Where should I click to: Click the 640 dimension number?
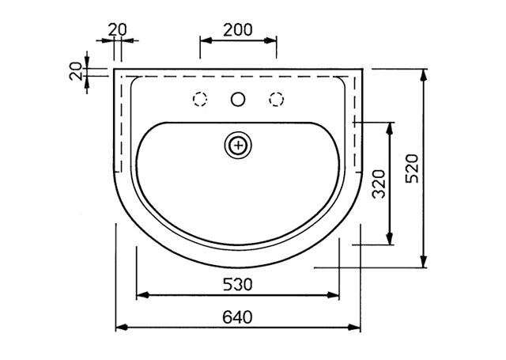pyautogui.click(x=237, y=317)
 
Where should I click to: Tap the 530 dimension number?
pyautogui.click(x=238, y=285)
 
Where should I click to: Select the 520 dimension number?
pyautogui.click(x=412, y=169)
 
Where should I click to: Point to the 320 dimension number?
pyautogui.click(x=379, y=184)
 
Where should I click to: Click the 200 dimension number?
pyautogui.click(x=238, y=30)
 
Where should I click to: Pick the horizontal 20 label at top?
pyautogui.click(x=118, y=30)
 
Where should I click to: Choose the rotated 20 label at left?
pyautogui.click(x=76, y=71)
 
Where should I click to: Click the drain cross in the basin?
pyautogui.click(x=238, y=146)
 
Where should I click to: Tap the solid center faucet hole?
pyautogui.click(x=238, y=99)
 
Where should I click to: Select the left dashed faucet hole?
pyautogui.click(x=200, y=99)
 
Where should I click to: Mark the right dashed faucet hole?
pyautogui.click(x=276, y=99)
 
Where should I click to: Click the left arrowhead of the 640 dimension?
pyautogui.click(x=121, y=328)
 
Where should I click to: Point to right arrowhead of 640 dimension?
pyautogui.click(x=354, y=328)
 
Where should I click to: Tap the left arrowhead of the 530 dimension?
pyautogui.click(x=142, y=295)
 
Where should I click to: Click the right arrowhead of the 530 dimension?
pyautogui.click(x=334, y=295)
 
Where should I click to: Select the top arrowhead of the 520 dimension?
pyautogui.click(x=424, y=75)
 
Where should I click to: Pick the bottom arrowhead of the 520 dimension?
pyautogui.click(x=424, y=262)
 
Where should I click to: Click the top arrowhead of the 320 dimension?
pyautogui.click(x=390, y=128)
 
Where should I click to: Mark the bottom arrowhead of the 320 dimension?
pyautogui.click(x=390, y=239)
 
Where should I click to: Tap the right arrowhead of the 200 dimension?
pyautogui.click(x=270, y=40)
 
